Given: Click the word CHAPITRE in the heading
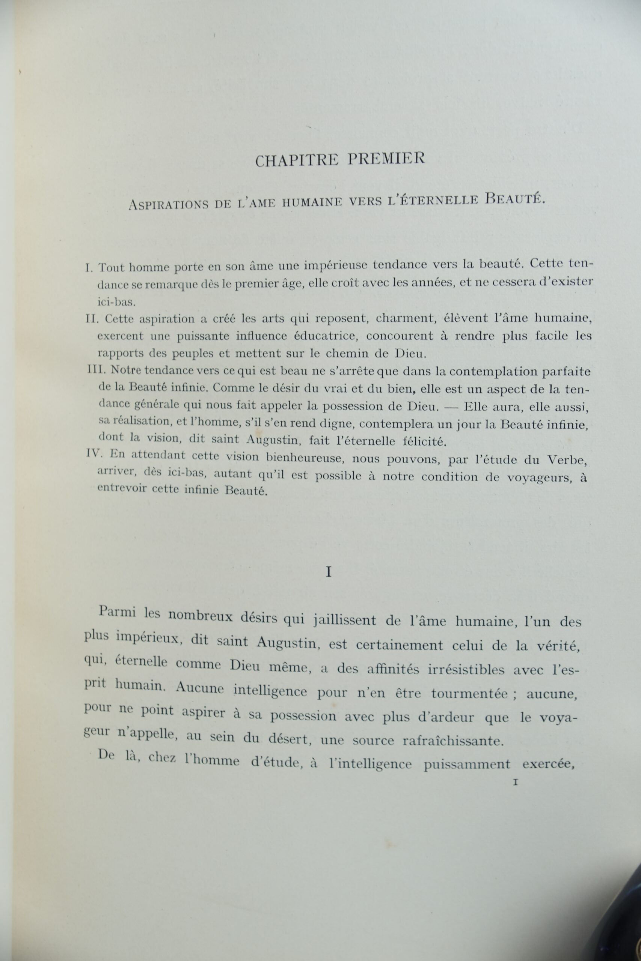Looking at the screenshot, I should (297, 160).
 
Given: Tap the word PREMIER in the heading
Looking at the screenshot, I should (386, 158).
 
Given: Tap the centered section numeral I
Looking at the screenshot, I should (328, 572).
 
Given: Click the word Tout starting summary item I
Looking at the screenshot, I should (112, 268).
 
